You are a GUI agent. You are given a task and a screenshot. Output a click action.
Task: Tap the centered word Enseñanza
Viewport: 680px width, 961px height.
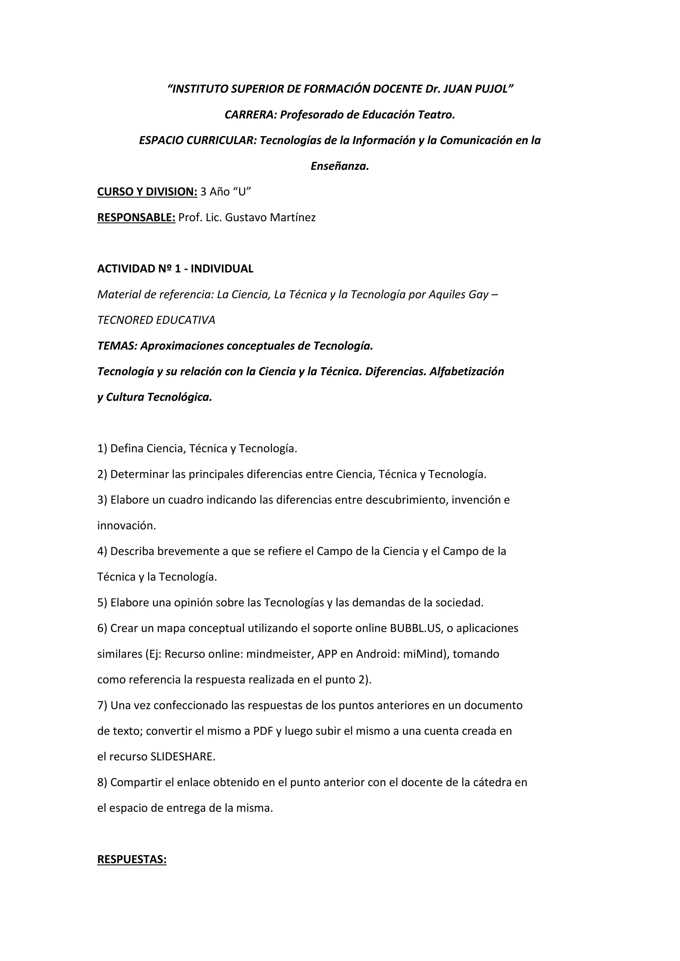pyautogui.click(x=340, y=166)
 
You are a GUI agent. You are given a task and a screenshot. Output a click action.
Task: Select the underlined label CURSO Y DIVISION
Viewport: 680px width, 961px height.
pyautogui.click(x=147, y=192)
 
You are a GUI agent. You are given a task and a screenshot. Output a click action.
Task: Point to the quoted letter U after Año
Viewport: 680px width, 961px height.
pyautogui.click(x=242, y=192)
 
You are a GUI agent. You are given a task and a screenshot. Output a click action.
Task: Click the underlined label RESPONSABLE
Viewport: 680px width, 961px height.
pyautogui.click(x=136, y=218)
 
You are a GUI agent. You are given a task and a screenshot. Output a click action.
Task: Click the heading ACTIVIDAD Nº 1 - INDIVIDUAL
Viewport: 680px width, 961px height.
pyautogui.click(x=175, y=269)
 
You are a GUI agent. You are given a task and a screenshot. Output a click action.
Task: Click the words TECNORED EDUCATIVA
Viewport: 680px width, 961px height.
pyautogui.click(x=156, y=320)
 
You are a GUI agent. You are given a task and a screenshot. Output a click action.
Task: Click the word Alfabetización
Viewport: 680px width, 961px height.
pyautogui.click(x=467, y=372)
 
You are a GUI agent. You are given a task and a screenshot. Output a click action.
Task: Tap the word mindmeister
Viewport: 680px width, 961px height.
pyautogui.click(x=280, y=654)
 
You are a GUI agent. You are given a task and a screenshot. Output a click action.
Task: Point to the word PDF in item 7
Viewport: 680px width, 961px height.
pyautogui.click(x=263, y=731)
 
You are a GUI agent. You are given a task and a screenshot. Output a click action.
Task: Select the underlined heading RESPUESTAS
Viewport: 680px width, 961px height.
pyautogui.click(x=132, y=859)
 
